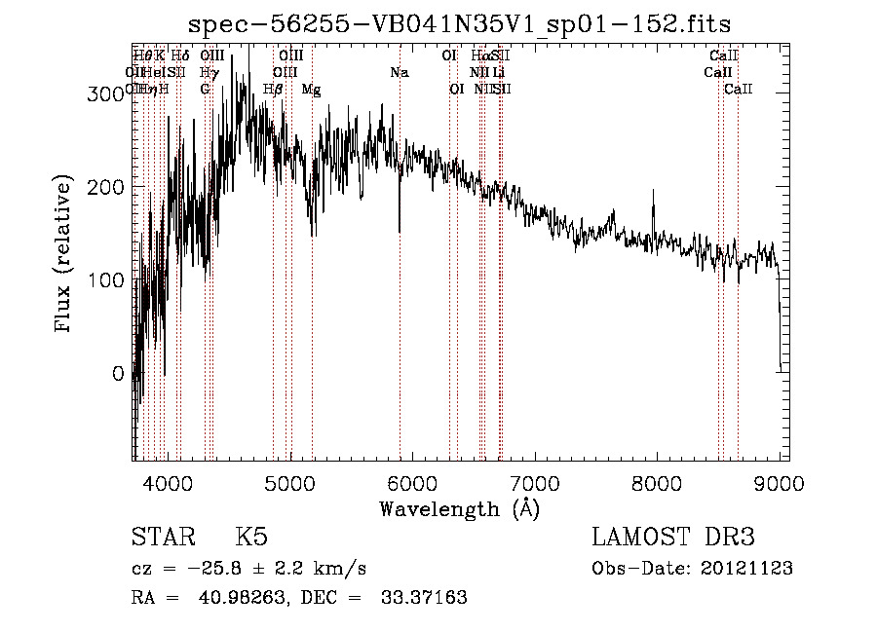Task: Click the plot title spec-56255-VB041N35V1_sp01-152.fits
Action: [459, 22]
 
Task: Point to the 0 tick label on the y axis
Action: [117, 373]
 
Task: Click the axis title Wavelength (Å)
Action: [459, 508]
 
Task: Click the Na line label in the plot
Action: [400, 72]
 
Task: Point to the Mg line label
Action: [311, 89]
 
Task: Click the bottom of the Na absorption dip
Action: [400, 231]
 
